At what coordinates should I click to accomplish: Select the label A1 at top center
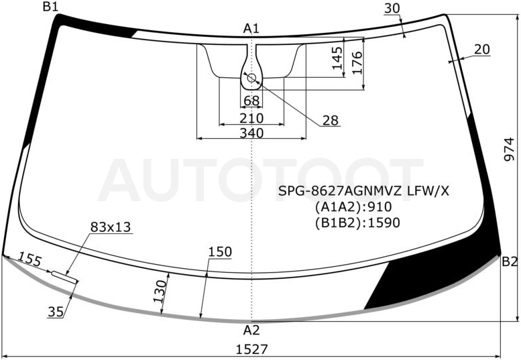tap(251, 29)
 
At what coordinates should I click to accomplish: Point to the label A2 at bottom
tap(251, 330)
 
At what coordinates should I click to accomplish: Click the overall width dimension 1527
tap(252, 349)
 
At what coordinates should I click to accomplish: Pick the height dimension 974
tap(509, 149)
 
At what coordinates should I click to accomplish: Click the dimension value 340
tap(251, 133)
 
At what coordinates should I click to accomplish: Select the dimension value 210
tap(251, 118)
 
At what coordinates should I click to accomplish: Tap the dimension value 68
tap(251, 101)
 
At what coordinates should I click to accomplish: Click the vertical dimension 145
tap(337, 58)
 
